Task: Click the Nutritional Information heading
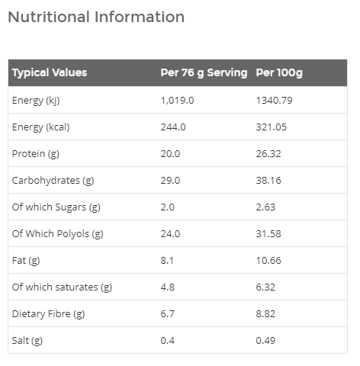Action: click(x=96, y=17)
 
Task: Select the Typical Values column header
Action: click(x=50, y=73)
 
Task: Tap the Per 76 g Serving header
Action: click(x=204, y=73)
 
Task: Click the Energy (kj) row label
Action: click(x=36, y=100)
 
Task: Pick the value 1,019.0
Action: click(x=177, y=100)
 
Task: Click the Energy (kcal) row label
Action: click(x=40, y=127)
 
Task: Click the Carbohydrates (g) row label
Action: click(x=53, y=180)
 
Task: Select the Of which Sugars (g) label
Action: click(x=56, y=207)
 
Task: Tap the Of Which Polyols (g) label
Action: click(x=58, y=233)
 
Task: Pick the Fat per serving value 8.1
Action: click(x=168, y=260)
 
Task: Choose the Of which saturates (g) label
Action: click(x=62, y=287)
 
